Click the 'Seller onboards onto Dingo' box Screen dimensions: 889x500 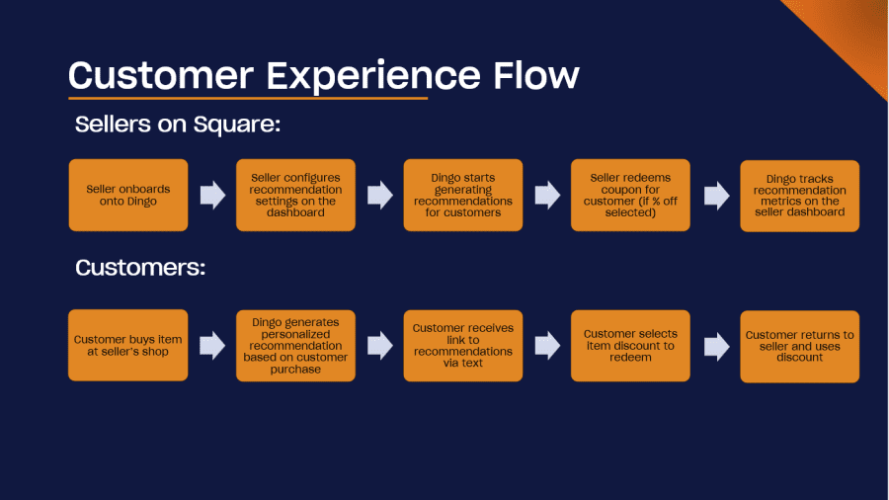128,195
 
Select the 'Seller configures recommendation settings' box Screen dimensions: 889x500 295,195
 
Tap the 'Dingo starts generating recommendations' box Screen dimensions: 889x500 462,195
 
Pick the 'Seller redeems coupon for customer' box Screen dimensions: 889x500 630,195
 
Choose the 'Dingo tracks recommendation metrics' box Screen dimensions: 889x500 799,196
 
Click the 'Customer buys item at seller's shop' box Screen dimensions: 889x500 128,345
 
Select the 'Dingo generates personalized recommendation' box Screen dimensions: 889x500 295,346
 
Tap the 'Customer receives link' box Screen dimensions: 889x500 462,346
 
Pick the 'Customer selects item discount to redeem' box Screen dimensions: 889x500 630,346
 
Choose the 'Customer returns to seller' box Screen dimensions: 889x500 799,347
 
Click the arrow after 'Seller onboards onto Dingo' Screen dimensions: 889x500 212,195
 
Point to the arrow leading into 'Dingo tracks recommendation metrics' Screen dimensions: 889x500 717,196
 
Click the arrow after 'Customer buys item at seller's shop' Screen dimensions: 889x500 212,346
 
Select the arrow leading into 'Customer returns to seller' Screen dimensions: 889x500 717,347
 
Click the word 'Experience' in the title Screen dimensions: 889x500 373,76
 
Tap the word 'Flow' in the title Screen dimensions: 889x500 536,74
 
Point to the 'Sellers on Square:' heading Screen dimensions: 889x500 178,125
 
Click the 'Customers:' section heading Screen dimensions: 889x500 140,268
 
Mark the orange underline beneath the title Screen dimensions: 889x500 248,98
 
